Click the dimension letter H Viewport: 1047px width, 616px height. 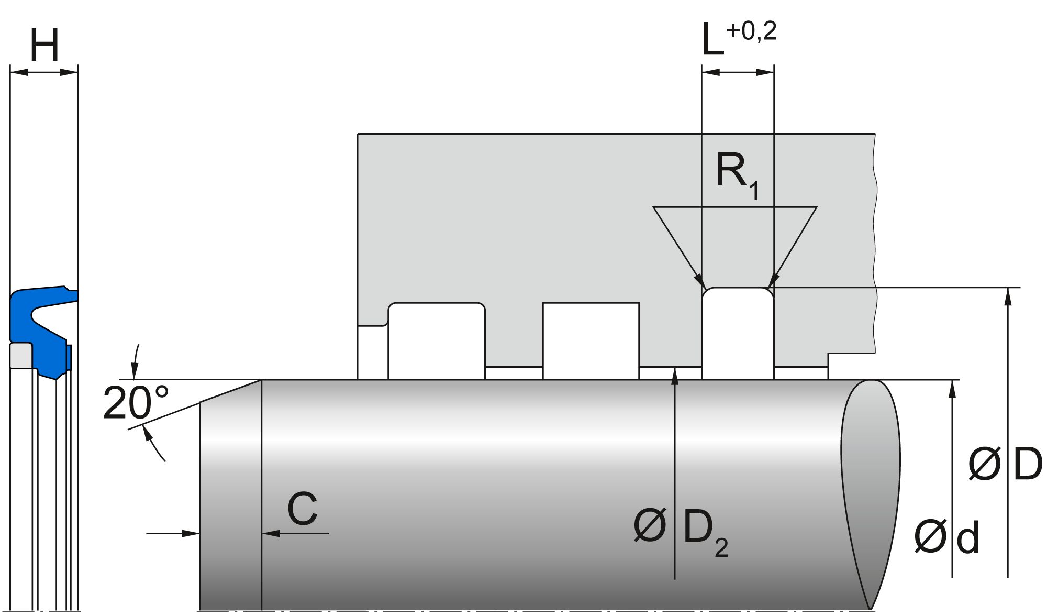pos(44,46)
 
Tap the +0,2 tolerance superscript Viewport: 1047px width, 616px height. pos(751,31)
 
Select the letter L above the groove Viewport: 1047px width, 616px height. pos(712,42)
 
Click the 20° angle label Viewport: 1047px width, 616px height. pos(136,403)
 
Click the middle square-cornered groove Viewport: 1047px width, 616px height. pos(591,340)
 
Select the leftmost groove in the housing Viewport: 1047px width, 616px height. pos(436,340)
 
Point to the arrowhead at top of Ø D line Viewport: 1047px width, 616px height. pos(1009,295)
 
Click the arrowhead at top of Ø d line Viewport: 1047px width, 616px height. pos(952,388)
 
